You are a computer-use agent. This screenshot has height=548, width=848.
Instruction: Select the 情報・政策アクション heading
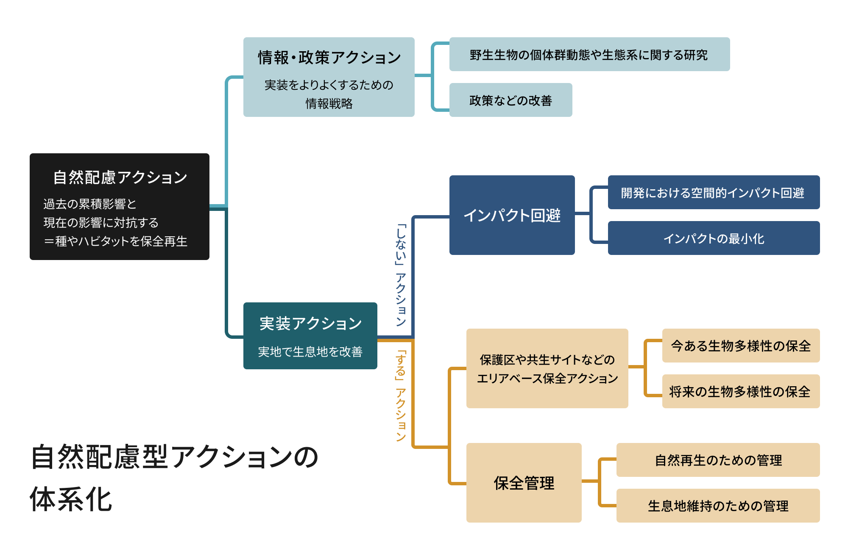point(329,57)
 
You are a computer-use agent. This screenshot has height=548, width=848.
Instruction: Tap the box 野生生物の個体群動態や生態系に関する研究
point(589,54)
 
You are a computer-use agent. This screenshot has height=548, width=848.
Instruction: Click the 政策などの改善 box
point(510,100)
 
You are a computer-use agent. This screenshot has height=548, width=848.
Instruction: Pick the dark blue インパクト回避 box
point(512,215)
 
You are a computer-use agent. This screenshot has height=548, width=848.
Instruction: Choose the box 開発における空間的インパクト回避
point(713,193)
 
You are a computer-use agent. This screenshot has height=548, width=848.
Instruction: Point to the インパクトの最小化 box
point(713,238)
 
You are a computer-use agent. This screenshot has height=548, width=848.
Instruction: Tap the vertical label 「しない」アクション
point(401,275)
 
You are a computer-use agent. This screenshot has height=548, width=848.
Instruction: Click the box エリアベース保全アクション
point(547,368)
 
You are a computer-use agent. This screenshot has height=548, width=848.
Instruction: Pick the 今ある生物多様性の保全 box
point(740,346)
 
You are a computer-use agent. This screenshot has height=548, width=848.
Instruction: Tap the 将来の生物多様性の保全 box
point(740,391)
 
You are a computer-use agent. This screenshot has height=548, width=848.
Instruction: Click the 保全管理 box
point(524,483)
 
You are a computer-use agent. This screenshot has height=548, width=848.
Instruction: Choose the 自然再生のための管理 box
point(718,460)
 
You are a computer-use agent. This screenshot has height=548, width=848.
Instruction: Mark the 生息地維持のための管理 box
point(718,506)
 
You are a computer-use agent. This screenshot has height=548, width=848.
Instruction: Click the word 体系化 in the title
point(71,499)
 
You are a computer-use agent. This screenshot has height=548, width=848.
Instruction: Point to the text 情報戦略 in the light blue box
point(329,103)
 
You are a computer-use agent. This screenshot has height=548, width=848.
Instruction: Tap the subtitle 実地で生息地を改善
point(310,351)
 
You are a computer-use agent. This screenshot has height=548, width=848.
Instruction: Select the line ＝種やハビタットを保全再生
point(115,241)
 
